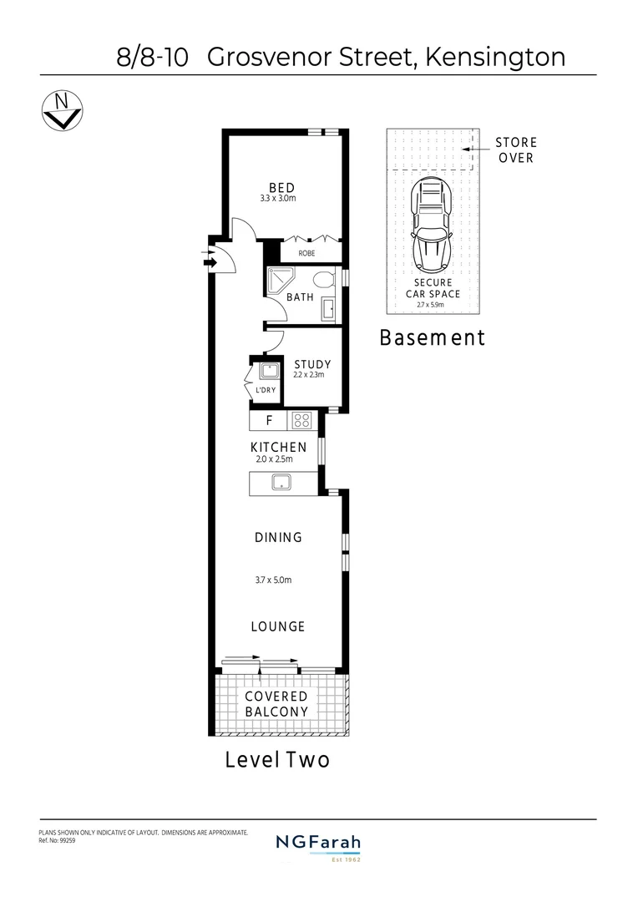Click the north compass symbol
[61, 110]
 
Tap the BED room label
[281, 187]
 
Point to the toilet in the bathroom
[325, 280]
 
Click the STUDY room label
[312, 364]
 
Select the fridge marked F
[268, 421]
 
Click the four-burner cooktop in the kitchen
[302, 421]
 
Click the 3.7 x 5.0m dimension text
[273, 580]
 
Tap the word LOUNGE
[279, 626]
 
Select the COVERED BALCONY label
[276, 704]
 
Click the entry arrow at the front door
[210, 262]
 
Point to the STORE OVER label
[516, 150]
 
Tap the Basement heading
[432, 338]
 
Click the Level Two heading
[277, 760]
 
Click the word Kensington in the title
[495, 57]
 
